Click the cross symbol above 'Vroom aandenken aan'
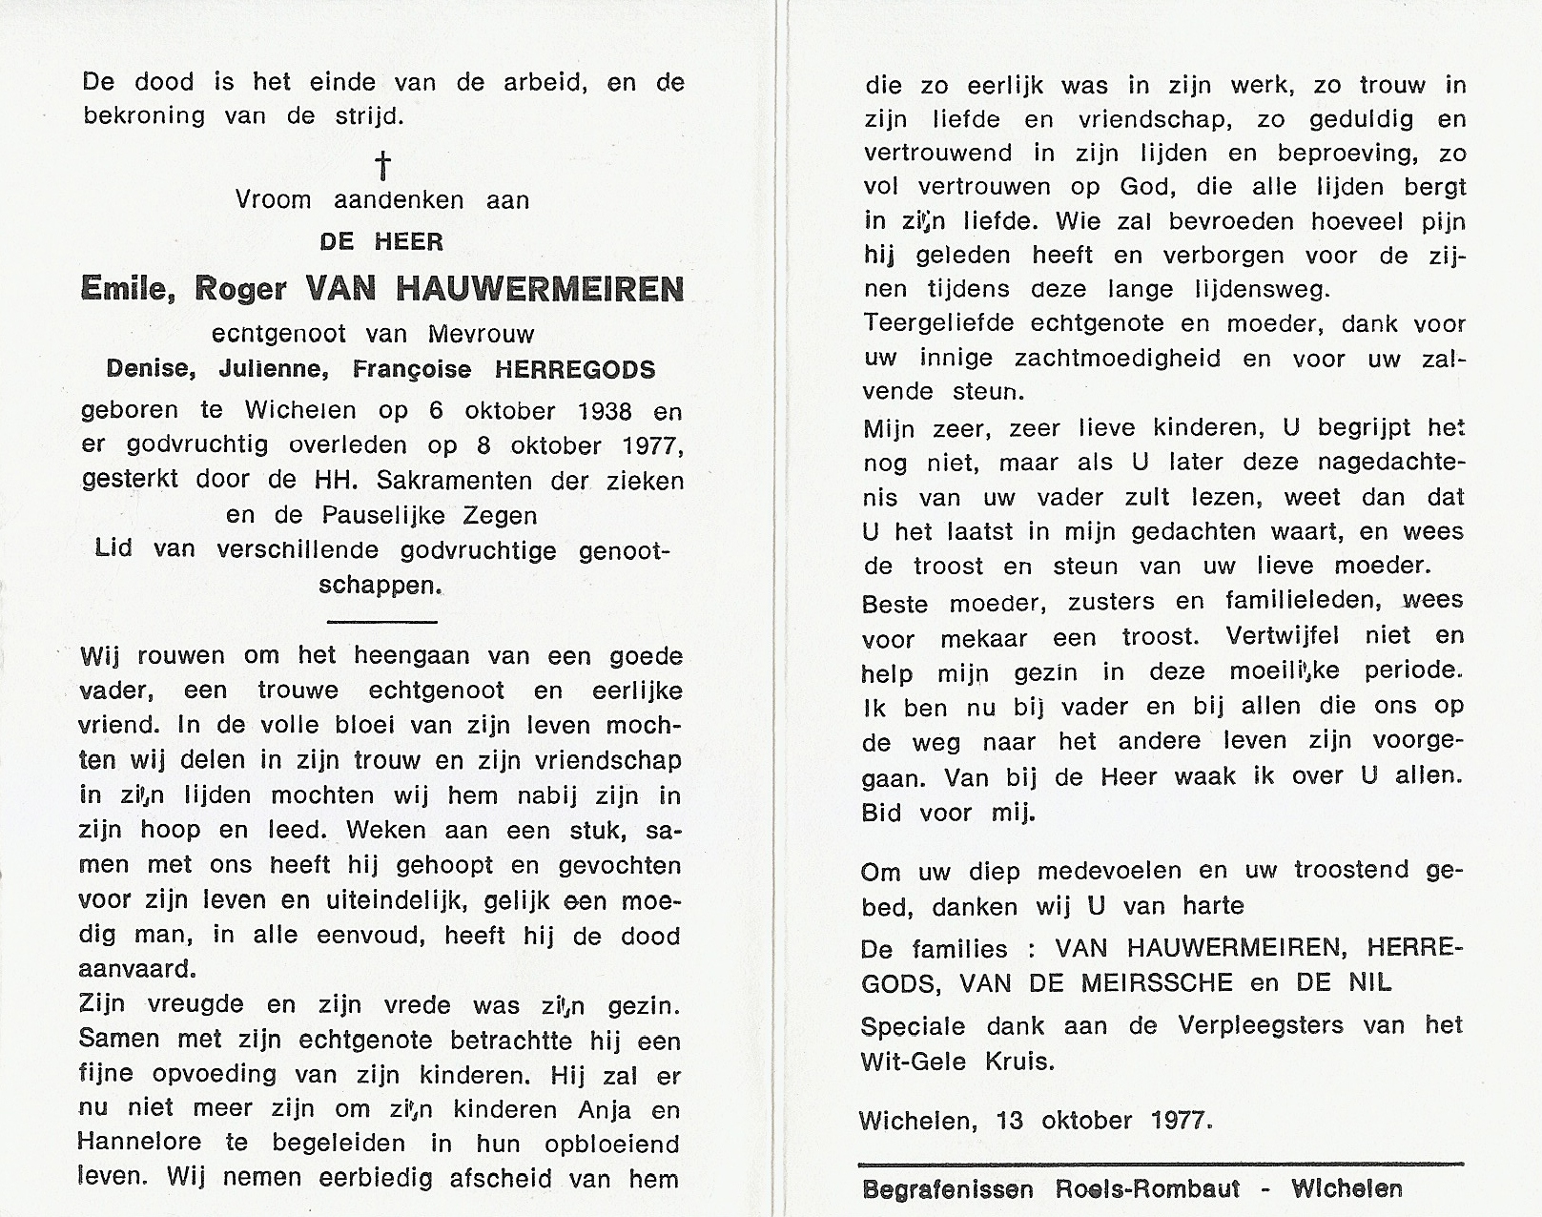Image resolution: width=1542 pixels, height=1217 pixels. [382, 166]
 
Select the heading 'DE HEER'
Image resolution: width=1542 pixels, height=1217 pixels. [381, 242]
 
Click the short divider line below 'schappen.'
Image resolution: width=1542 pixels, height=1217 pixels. [381, 622]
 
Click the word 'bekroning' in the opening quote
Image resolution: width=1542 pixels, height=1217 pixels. [144, 116]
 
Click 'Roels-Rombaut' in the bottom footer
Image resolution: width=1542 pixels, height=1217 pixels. [1147, 1189]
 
